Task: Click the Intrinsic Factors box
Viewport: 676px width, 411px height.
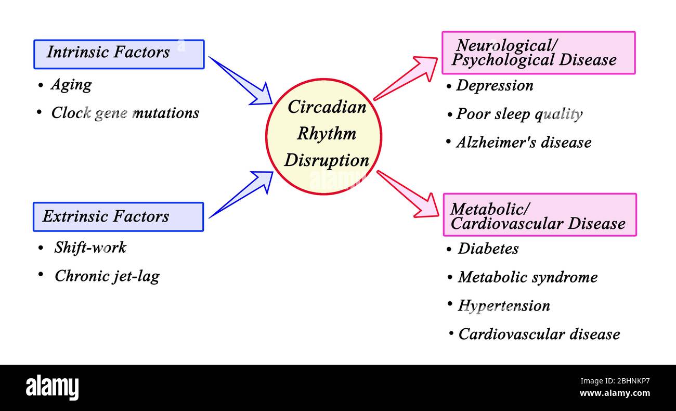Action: tap(119, 54)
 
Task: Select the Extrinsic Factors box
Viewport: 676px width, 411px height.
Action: tap(118, 217)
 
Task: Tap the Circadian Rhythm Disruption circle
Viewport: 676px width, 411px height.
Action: tap(323, 136)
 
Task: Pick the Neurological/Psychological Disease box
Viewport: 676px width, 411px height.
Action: tap(538, 53)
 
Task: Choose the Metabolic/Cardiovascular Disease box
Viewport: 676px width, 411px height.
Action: tap(539, 215)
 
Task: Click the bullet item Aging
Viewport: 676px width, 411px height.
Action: tap(71, 85)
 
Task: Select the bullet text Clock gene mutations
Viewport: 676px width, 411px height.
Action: tap(125, 113)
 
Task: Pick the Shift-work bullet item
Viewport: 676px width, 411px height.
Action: tap(90, 248)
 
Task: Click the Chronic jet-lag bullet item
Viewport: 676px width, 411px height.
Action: tap(107, 276)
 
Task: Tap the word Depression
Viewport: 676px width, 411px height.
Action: tap(495, 86)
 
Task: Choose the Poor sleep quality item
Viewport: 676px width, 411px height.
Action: tap(519, 114)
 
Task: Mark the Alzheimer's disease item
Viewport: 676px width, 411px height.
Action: tap(524, 143)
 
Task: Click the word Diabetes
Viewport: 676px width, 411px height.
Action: tap(488, 249)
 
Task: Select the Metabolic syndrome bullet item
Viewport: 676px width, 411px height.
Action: tap(527, 277)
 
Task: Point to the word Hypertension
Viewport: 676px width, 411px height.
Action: tap(503, 305)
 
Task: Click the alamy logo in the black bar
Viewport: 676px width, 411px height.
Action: tap(52, 388)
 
